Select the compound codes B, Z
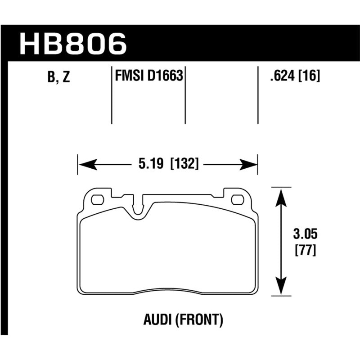coord(58,77)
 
